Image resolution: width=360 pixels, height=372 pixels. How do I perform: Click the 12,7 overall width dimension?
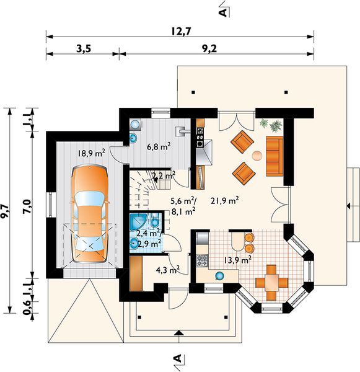click(181, 32)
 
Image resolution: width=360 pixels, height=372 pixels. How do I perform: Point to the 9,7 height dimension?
click(4, 211)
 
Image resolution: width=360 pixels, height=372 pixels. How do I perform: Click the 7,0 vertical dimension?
click(27, 206)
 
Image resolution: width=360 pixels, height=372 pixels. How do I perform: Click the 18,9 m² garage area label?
click(92, 154)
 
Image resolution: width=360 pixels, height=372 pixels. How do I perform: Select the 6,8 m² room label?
click(159, 146)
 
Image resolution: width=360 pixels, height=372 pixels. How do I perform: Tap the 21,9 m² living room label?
click(224, 201)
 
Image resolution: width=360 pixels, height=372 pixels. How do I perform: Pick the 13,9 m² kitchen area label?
click(238, 260)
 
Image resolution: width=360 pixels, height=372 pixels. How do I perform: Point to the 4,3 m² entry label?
click(167, 270)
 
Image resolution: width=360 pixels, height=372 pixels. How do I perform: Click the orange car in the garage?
click(89, 214)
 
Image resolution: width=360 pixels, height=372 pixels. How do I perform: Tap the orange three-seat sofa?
click(274, 156)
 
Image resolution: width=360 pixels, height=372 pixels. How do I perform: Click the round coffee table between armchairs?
click(257, 156)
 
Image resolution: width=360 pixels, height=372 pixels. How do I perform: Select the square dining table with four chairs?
click(271, 282)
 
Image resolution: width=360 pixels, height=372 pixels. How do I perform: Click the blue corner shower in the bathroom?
click(138, 221)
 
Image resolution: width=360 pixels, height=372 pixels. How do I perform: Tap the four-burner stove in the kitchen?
click(202, 260)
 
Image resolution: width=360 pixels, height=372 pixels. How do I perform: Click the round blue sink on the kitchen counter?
click(219, 276)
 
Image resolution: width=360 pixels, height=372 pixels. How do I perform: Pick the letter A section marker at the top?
click(224, 12)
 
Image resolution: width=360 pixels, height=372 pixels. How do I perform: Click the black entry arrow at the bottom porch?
click(179, 333)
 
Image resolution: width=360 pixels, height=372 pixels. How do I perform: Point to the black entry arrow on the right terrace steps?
click(349, 206)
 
